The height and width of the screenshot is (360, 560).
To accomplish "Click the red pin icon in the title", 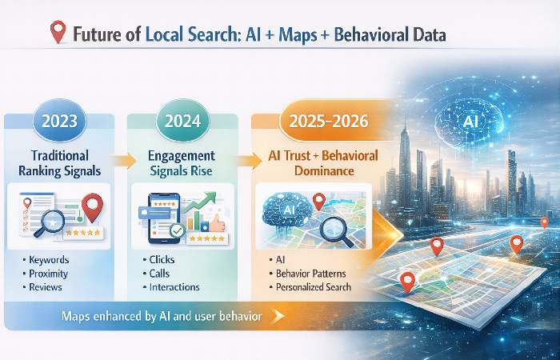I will pos(57,33).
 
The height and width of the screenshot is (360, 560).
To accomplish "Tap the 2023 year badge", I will pos(54,123).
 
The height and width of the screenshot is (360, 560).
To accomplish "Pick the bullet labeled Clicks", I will pos(163,260).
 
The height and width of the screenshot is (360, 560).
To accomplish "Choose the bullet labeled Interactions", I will pos(174,286).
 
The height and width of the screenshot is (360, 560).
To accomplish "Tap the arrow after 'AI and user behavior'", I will pos(278,317).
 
